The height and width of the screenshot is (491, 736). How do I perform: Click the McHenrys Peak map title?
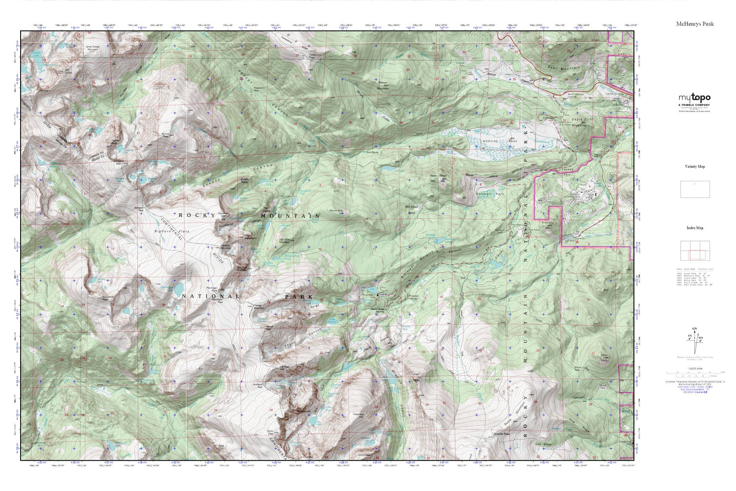click(x=695, y=24)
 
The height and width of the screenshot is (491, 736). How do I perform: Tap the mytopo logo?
click(x=694, y=98)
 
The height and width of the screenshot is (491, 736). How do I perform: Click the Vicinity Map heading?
click(x=695, y=166)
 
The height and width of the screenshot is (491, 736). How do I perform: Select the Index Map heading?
click(x=695, y=228)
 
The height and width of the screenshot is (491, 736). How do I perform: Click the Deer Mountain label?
click(x=564, y=68)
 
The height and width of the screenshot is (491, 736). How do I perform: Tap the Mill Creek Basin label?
click(x=411, y=210)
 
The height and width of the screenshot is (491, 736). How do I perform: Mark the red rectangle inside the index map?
click(x=697, y=254)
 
